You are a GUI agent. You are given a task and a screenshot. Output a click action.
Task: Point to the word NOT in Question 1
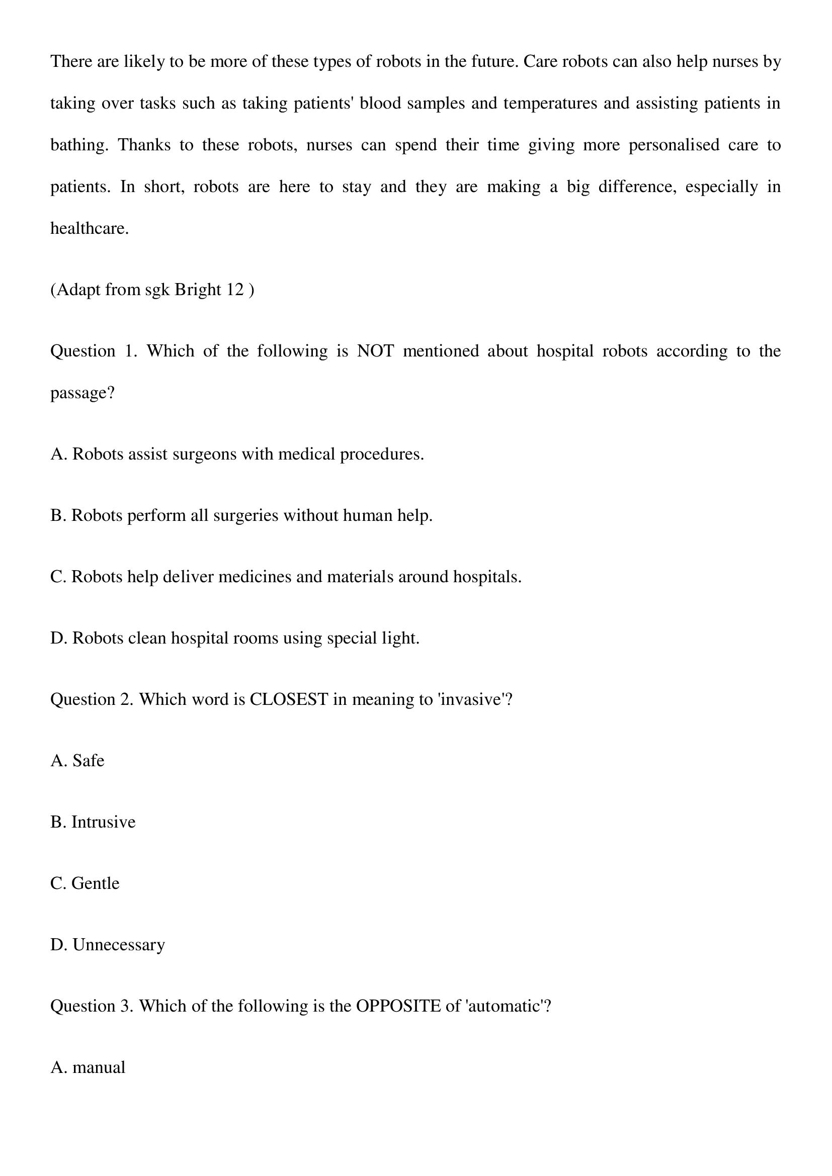[375, 351]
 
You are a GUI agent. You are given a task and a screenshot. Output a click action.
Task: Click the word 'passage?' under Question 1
[82, 393]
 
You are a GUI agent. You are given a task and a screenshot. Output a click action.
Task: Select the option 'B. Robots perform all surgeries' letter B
[56, 515]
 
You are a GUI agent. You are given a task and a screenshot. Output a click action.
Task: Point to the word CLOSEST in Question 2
[288, 699]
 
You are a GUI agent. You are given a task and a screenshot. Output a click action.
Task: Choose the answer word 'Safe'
[88, 761]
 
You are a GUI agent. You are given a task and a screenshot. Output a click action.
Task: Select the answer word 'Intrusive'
[103, 822]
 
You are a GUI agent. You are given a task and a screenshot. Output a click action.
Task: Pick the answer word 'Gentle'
[95, 883]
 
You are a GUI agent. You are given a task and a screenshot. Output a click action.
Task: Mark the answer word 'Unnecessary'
[118, 945]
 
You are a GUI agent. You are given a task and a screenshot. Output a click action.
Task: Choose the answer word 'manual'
[99, 1067]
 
